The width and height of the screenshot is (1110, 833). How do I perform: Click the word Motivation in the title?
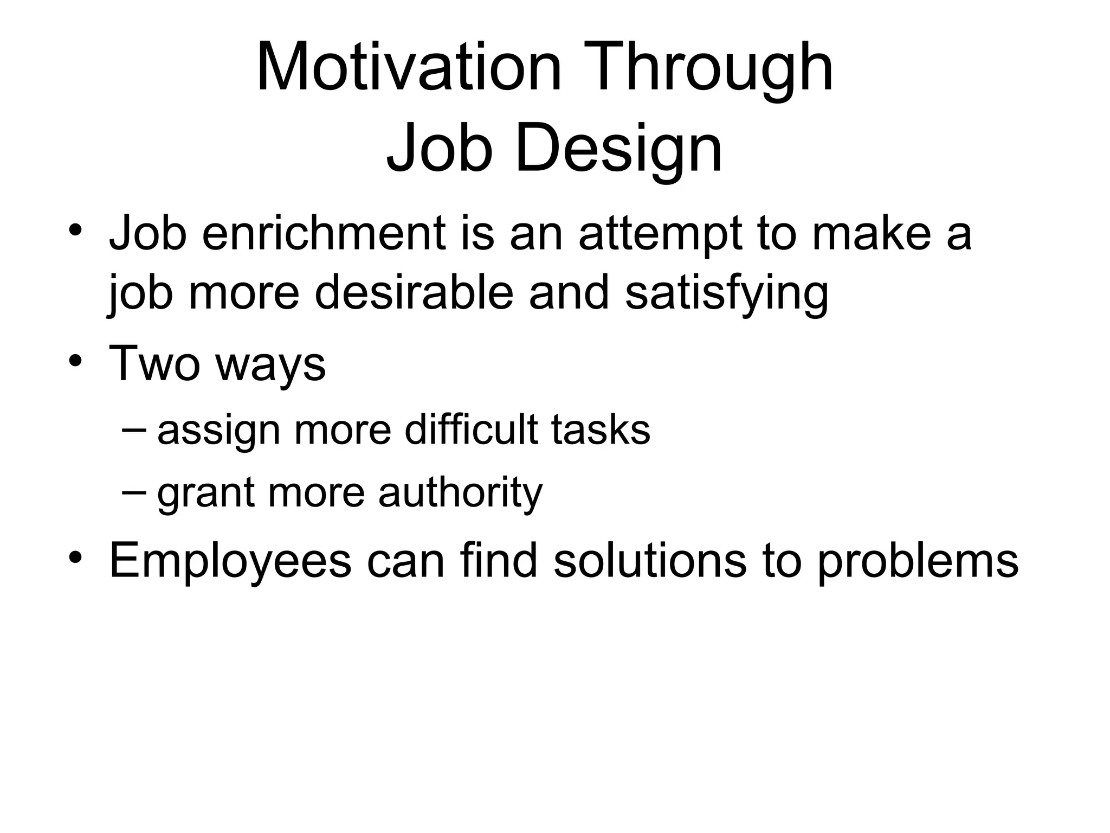click(409, 68)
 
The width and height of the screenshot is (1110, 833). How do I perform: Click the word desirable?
click(414, 293)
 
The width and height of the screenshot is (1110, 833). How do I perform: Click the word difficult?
click(471, 429)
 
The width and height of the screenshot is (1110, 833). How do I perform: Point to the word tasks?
click(601, 429)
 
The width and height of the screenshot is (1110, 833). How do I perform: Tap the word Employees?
click(230, 562)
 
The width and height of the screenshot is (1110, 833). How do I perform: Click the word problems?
click(918, 562)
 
